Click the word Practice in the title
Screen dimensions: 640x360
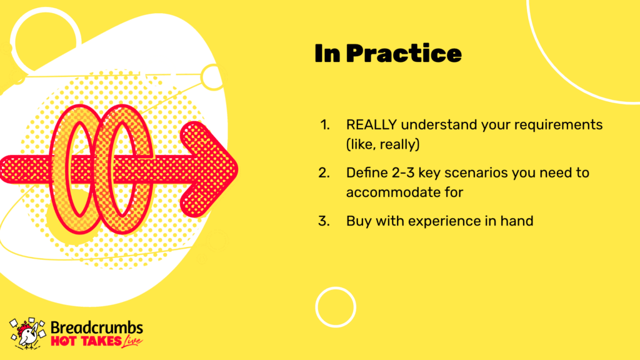click(x=404, y=54)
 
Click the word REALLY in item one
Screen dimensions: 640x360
click(x=371, y=124)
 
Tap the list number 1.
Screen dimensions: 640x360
click(x=325, y=125)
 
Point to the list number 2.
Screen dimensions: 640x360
click(x=324, y=173)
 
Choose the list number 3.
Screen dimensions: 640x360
click(x=324, y=221)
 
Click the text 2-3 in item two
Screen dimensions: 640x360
click(x=403, y=173)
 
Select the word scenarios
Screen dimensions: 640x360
click(x=476, y=173)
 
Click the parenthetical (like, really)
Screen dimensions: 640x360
click(x=383, y=144)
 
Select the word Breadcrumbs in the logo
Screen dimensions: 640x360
click(x=97, y=327)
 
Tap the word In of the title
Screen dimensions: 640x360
click(x=327, y=54)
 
